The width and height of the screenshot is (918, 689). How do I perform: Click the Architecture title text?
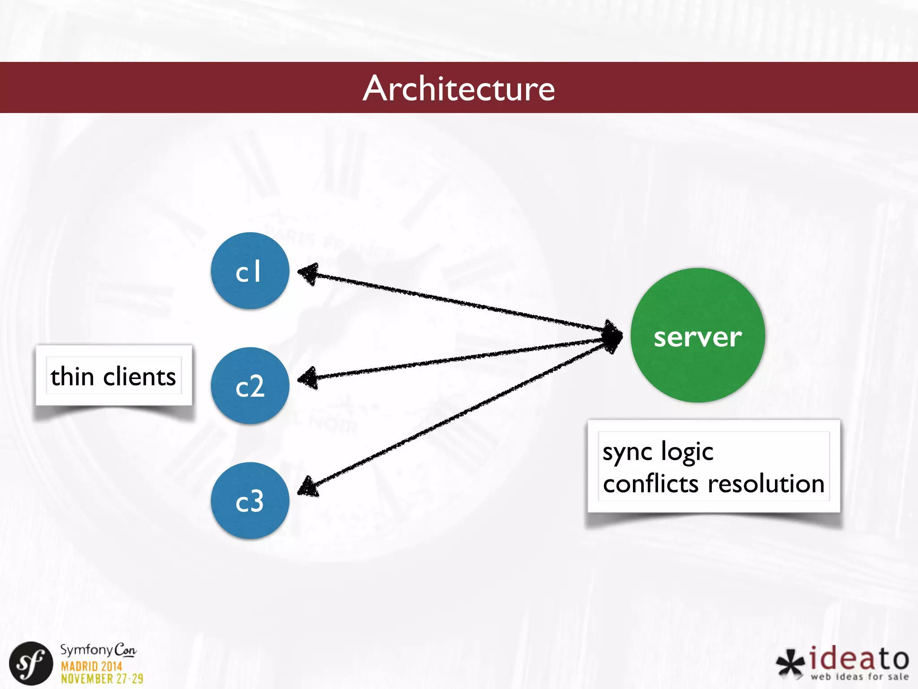459,88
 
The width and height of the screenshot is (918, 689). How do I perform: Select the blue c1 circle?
250,270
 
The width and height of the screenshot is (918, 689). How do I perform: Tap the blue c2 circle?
250,386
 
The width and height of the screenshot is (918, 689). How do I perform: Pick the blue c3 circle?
250,501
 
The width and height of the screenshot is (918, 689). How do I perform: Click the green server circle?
697,336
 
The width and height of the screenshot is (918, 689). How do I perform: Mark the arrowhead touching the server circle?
612,336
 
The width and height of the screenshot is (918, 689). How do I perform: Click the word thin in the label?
72,376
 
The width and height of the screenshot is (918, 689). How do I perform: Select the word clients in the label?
139,376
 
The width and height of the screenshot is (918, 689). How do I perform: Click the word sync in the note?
627,452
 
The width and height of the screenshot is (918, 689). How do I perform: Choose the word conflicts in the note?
651,484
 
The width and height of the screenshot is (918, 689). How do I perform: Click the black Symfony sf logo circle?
31,663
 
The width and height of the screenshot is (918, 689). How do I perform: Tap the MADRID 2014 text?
91,666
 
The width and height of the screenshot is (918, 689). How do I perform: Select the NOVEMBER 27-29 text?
102,679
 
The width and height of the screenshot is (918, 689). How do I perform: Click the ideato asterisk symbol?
790,663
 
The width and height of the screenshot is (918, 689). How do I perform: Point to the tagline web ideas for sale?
859,676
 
